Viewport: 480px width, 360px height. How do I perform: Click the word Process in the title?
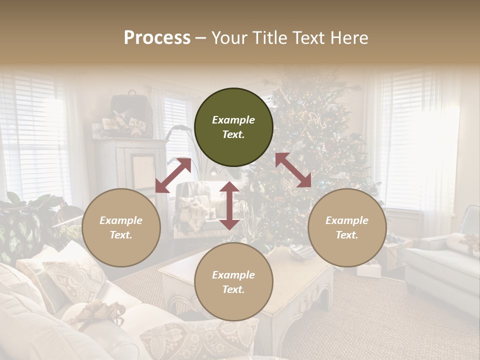(x=157, y=38)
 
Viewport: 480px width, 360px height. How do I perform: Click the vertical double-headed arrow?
(x=229, y=205)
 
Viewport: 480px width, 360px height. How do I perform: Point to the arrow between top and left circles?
(x=173, y=175)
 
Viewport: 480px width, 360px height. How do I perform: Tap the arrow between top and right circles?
(x=293, y=170)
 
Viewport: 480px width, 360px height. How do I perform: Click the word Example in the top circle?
(x=233, y=120)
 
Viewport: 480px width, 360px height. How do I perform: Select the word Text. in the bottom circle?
(x=233, y=289)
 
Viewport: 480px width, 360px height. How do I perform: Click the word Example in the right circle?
(x=347, y=220)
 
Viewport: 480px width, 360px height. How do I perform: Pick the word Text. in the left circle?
(x=121, y=235)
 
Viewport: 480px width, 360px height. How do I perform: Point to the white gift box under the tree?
(x=369, y=270)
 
